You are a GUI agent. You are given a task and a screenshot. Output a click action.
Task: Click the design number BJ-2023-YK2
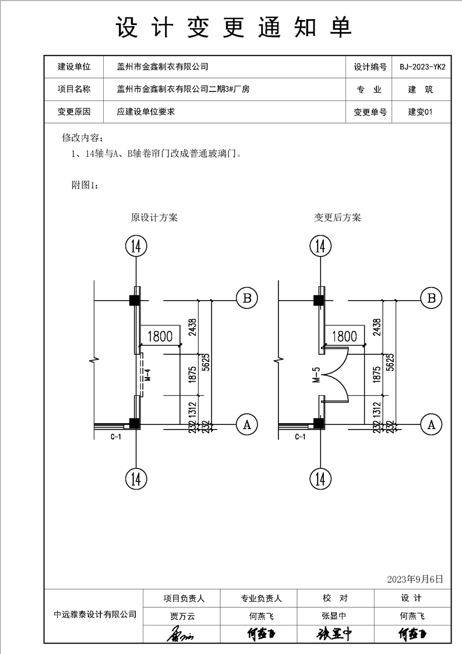click(x=422, y=67)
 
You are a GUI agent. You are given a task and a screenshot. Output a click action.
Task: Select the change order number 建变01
click(x=421, y=112)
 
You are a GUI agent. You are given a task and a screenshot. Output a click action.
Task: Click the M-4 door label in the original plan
click(x=147, y=375)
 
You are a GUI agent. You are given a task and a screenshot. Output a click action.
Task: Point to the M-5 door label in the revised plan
click(x=316, y=375)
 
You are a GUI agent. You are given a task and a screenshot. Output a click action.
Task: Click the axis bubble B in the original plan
click(x=247, y=298)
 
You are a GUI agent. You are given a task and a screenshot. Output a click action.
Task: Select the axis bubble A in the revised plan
click(x=431, y=424)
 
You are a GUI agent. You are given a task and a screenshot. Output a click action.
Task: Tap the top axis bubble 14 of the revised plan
click(x=320, y=246)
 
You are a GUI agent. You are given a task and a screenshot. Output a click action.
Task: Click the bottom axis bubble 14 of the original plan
click(x=136, y=479)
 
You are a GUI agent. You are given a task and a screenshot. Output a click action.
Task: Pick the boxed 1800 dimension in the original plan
click(x=160, y=336)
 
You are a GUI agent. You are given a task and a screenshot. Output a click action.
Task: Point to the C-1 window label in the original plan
click(x=116, y=436)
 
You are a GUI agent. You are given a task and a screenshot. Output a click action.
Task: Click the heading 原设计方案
click(x=154, y=217)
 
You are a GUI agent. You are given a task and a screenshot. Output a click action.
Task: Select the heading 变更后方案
click(x=338, y=217)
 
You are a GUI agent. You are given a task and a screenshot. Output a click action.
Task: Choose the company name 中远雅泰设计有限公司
click(x=95, y=614)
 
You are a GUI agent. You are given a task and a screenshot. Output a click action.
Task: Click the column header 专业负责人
click(x=261, y=598)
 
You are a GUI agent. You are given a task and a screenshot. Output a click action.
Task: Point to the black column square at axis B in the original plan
click(x=133, y=300)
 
